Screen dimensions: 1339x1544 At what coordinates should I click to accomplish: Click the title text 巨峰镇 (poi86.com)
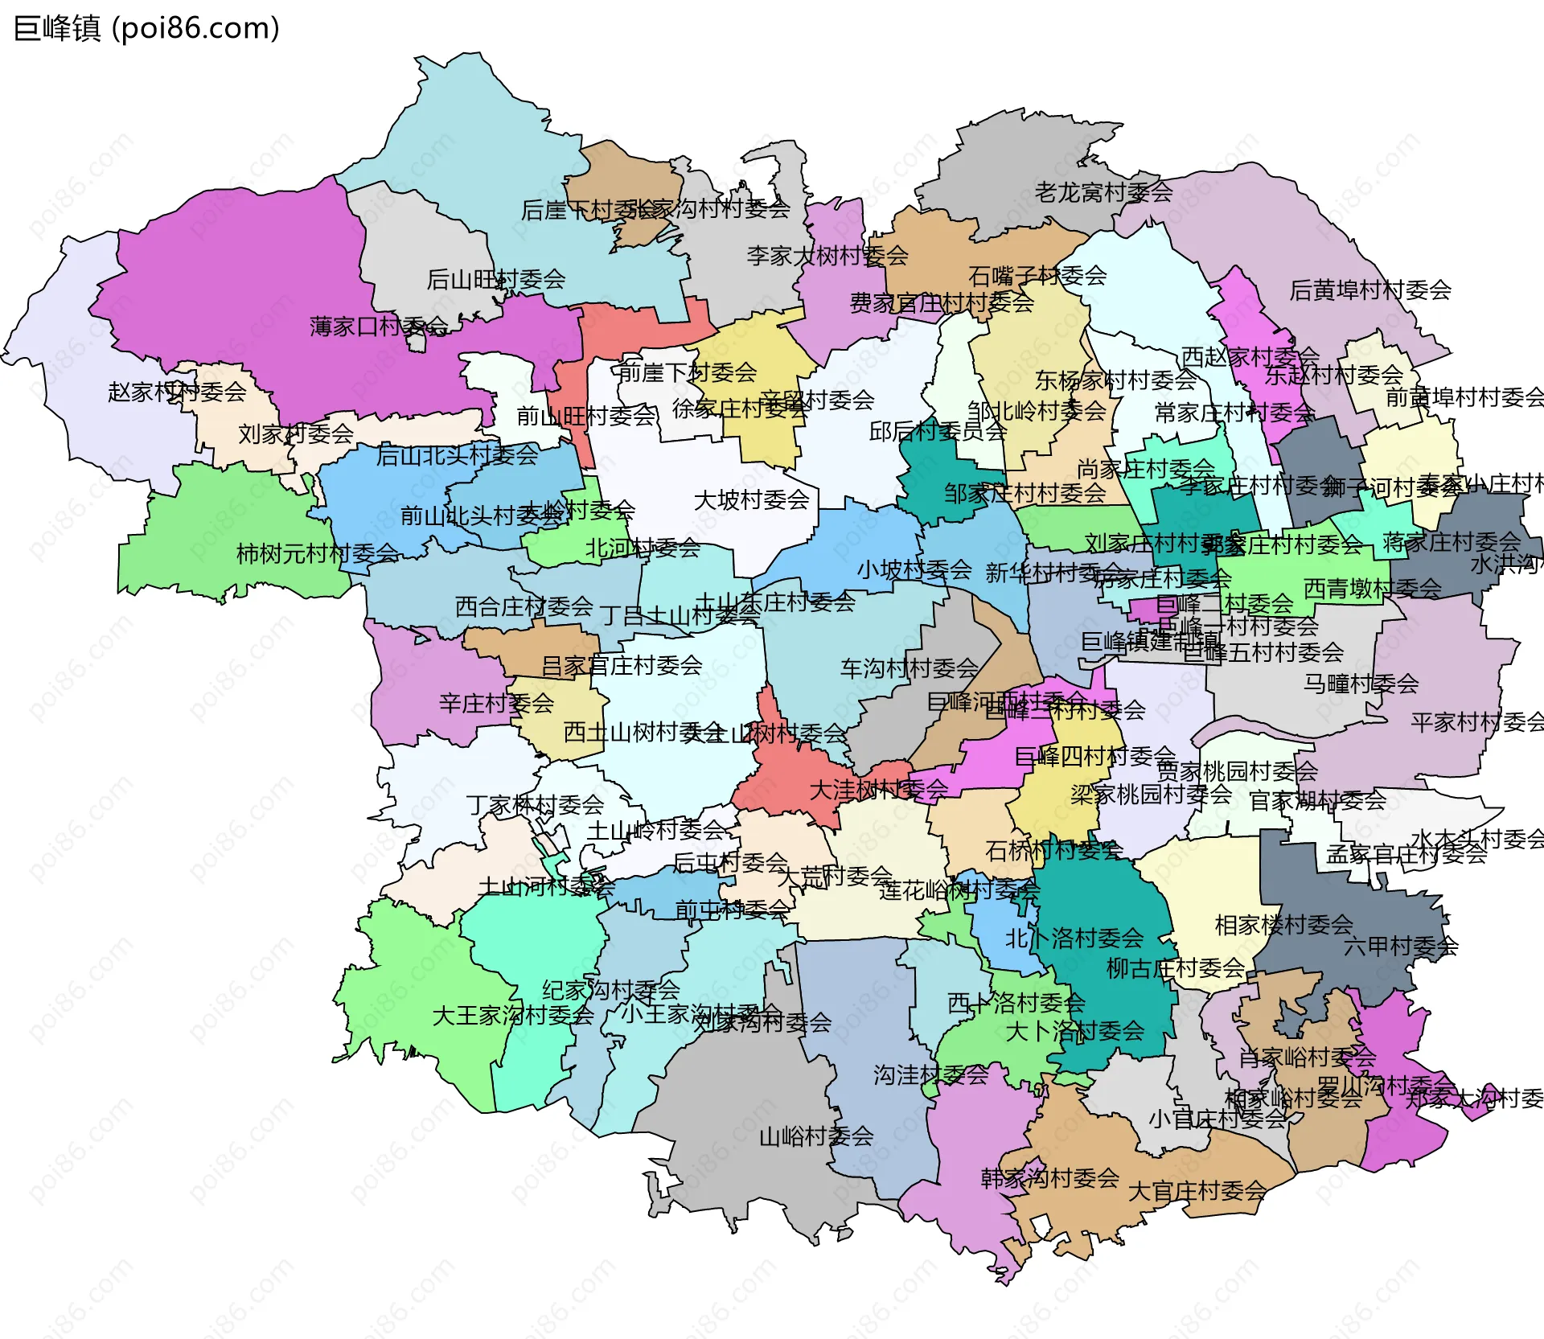pos(146,28)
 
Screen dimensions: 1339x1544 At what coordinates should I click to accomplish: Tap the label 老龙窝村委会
pos(1103,192)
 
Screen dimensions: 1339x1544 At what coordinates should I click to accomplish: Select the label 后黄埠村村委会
pos(1370,290)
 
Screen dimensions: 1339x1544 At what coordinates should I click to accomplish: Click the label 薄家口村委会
pos(379,327)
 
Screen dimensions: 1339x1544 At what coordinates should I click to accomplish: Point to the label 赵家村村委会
pos(177,392)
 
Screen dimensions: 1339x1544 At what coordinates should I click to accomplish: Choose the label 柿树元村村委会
pos(318,553)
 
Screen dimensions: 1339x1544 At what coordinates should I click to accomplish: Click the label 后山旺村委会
pos(495,279)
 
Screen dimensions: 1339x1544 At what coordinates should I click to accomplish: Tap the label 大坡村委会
pos(751,499)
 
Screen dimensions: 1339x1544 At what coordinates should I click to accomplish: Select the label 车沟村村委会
pos(909,667)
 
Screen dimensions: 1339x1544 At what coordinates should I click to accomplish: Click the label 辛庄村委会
pos(496,704)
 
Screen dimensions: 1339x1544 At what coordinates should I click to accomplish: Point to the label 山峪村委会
pos(816,1136)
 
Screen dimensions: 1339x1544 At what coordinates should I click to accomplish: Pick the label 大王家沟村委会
pos(513,1015)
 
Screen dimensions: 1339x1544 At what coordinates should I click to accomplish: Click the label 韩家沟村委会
pos(1049,1178)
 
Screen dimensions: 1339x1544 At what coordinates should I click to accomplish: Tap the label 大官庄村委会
pos(1197,1191)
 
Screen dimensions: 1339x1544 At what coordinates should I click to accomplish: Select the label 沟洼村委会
pos(930,1074)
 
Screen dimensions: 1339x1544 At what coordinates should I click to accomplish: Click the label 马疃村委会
pos(1361,684)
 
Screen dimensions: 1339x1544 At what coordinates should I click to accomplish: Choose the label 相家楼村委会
pos(1283,925)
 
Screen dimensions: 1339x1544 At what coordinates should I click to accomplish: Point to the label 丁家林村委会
pos(535,804)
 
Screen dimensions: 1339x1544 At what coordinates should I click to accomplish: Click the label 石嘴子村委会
pos(1037,276)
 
